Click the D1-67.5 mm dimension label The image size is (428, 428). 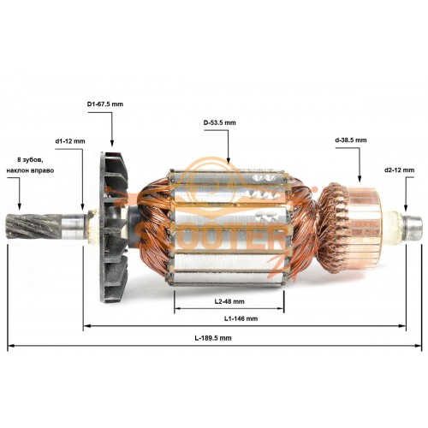[x=105, y=104]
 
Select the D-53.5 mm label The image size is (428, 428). [x=220, y=122]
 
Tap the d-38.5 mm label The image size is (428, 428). [x=351, y=140]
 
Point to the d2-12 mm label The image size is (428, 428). [x=399, y=170]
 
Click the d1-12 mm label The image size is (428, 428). [x=70, y=141]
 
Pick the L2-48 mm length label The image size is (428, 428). [x=229, y=301]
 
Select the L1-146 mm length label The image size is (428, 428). [x=241, y=318]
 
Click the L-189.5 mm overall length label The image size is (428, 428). [x=213, y=338]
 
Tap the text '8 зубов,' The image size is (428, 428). [x=30, y=160]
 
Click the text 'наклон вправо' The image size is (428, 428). [x=30, y=170]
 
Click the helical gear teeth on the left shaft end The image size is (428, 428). [x=33, y=226]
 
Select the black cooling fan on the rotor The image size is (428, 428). [x=114, y=228]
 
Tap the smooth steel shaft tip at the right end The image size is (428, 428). [x=413, y=228]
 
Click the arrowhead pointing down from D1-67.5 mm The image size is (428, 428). [x=112, y=143]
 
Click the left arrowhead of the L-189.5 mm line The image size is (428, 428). [x=11, y=346]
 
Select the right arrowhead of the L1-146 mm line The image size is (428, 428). [x=402, y=326]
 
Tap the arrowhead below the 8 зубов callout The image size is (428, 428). [x=19, y=206]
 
